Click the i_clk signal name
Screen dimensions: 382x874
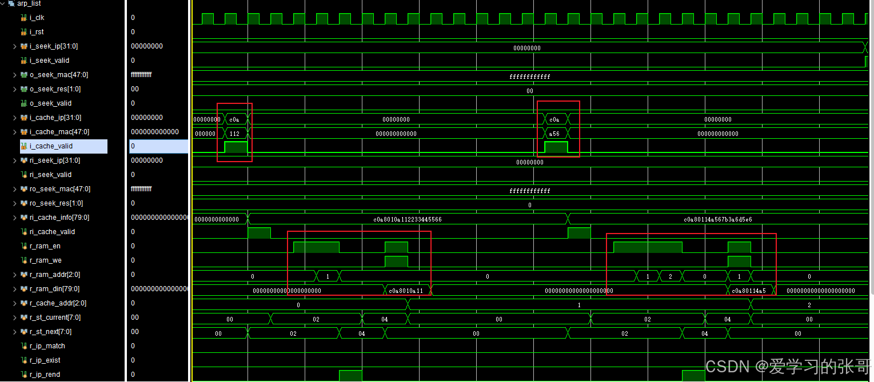37,18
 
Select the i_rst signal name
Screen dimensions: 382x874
37,32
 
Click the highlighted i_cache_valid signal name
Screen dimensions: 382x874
51,146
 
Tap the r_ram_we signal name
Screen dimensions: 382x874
45,260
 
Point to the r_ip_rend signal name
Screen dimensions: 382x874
45,375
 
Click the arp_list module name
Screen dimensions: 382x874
29,3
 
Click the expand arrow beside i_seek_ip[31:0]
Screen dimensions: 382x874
15,46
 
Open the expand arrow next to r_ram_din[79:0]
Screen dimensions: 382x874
15,289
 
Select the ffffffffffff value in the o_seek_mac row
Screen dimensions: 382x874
529,77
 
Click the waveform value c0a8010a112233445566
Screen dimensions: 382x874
407,219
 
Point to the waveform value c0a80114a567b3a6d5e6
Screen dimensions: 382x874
717,219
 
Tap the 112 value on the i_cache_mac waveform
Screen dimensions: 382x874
234,134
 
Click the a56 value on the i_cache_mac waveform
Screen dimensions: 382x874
554,134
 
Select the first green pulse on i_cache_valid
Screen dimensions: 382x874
236,147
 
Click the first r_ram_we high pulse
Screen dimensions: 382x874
396,262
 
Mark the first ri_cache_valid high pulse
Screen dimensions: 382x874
259,233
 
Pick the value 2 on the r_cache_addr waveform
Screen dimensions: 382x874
809,305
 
